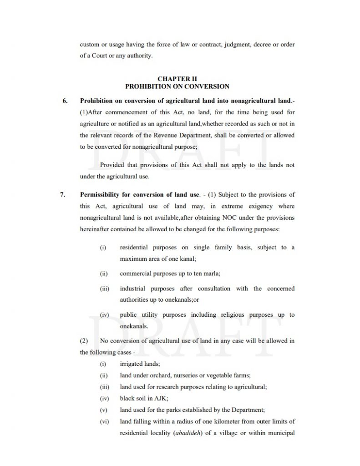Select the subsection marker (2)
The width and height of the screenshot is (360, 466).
85,341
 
